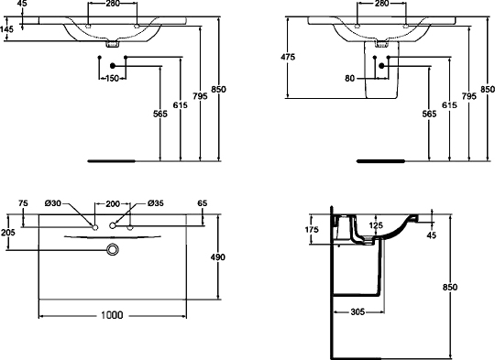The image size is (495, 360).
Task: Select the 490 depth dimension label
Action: (x=218, y=258)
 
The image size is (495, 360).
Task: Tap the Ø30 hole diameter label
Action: (x=52, y=202)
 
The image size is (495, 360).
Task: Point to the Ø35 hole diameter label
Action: (x=155, y=202)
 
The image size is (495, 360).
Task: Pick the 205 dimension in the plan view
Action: (x=9, y=233)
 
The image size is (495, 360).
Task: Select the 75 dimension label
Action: (x=24, y=202)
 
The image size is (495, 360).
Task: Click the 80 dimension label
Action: (x=349, y=79)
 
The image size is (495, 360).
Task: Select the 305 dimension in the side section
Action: (x=359, y=311)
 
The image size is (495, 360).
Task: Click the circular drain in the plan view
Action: (x=113, y=249)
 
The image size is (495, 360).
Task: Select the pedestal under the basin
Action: (x=374, y=78)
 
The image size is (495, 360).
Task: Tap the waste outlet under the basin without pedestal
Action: (x=112, y=43)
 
